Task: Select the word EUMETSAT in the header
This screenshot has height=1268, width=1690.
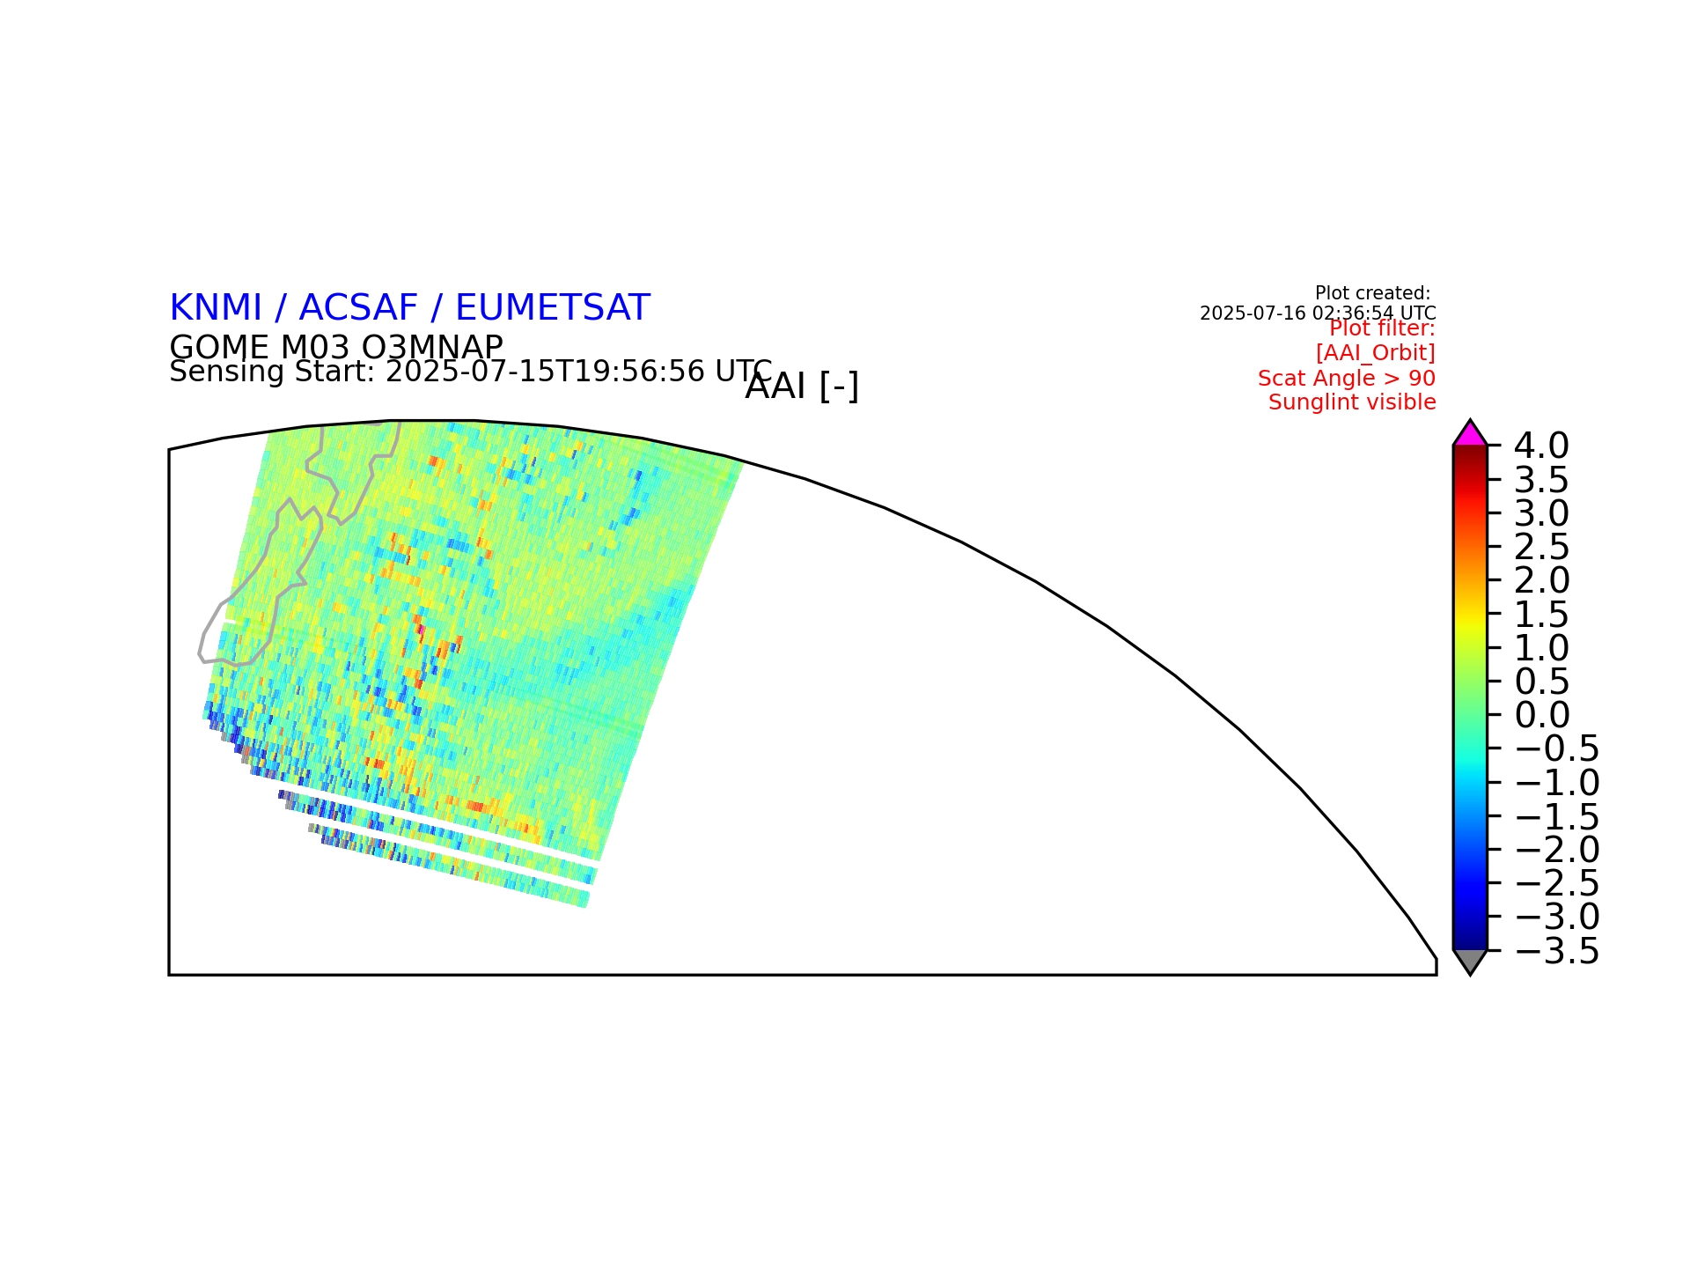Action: (x=553, y=308)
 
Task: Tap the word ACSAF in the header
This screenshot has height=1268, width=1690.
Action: (x=358, y=308)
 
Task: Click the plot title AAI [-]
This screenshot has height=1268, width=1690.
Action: (x=802, y=387)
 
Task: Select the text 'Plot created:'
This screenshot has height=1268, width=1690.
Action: (x=1373, y=293)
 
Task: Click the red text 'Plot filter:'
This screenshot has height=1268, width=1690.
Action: (x=1382, y=328)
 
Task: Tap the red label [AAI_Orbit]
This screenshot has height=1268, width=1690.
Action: (x=1376, y=353)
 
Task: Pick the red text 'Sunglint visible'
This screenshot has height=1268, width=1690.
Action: (x=1352, y=402)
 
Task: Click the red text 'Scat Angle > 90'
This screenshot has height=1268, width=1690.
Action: (x=1347, y=379)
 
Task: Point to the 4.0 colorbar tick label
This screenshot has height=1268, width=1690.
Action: (x=1541, y=446)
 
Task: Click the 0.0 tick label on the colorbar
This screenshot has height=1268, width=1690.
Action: (x=1542, y=714)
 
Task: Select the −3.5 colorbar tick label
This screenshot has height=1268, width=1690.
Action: (x=1556, y=951)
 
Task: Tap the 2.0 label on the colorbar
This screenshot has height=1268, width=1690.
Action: (x=1542, y=580)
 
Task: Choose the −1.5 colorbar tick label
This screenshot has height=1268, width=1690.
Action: (x=1556, y=816)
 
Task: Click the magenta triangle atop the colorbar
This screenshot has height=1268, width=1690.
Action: (x=1470, y=434)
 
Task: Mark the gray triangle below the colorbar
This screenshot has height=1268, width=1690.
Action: (x=1470, y=961)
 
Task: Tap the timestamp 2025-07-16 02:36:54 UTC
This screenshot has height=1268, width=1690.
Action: (x=1318, y=313)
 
